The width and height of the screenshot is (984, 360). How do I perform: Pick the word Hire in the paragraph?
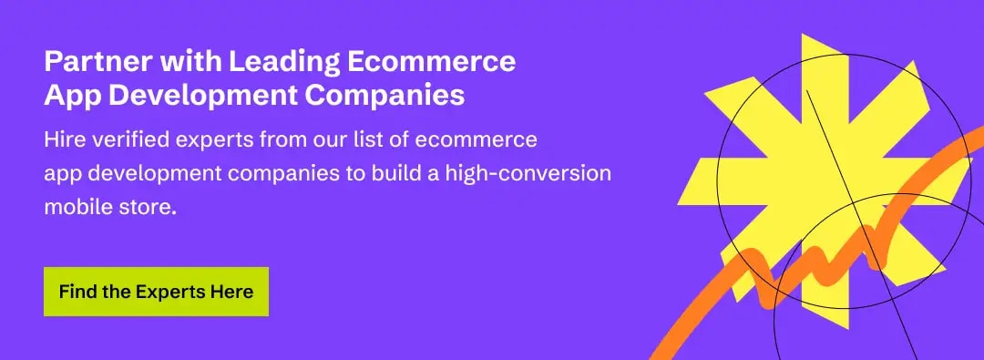click(x=62, y=141)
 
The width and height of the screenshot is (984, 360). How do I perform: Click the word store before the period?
click(x=147, y=207)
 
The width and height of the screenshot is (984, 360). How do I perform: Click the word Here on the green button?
click(x=232, y=293)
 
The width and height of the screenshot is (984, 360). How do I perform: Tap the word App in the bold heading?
click(x=69, y=96)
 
